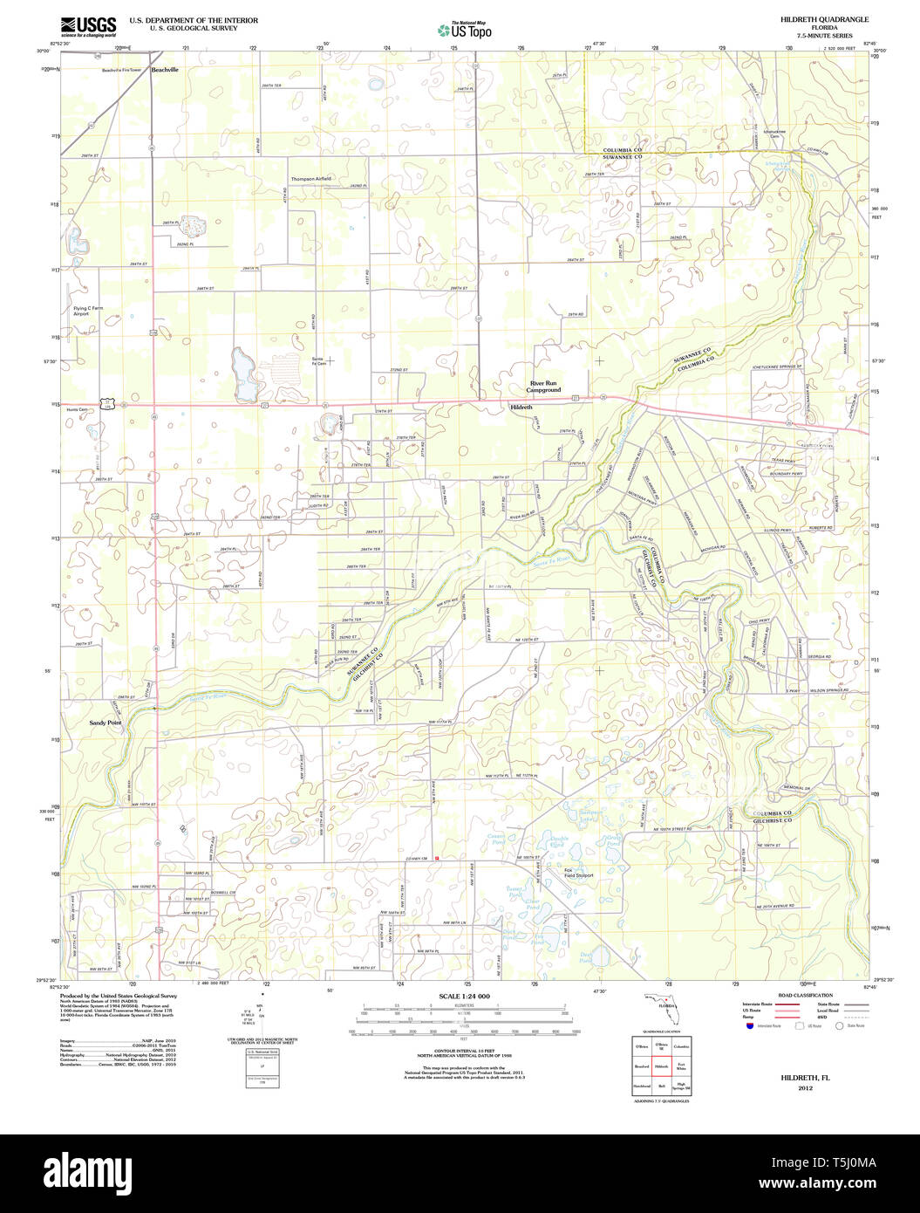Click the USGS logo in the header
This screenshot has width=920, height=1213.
[88, 26]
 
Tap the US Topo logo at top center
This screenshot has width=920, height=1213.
[465, 30]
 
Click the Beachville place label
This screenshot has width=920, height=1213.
[164, 69]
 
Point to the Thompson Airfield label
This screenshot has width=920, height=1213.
[311, 179]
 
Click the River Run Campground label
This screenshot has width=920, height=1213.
[545, 387]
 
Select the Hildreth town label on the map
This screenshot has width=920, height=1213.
[521, 408]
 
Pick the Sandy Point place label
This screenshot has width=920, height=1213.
[106, 723]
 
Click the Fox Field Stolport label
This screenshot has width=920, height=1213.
[578, 873]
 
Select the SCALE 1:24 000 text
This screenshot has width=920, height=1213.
[464, 997]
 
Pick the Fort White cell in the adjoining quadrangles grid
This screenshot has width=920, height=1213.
[681, 1066]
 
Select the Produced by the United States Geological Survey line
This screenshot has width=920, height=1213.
[118, 996]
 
